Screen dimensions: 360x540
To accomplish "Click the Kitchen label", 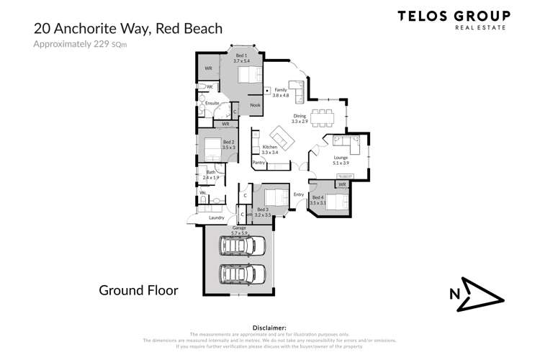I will (269, 147).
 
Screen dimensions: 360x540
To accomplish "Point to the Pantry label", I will (260, 163).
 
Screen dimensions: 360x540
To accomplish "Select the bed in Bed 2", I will (212, 150).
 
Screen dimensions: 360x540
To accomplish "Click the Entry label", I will (299, 194).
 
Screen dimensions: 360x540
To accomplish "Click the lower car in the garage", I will (243, 274).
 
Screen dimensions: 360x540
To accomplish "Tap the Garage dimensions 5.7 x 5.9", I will (239, 233).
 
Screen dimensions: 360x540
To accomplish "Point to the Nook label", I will (255, 105).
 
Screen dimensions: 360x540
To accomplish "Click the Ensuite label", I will (212, 104).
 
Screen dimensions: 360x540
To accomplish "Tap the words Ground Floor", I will (138, 290).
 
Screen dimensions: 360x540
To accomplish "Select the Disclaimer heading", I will (266, 327).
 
